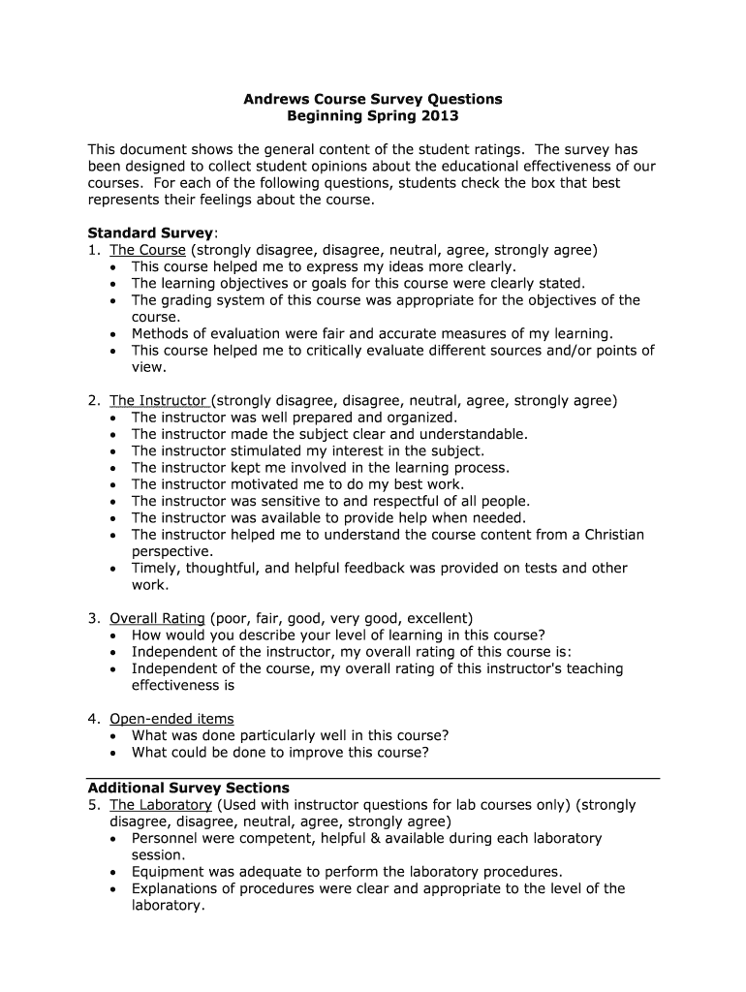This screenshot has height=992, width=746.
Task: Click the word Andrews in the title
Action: coord(277,99)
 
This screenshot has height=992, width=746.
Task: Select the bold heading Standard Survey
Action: coord(150,232)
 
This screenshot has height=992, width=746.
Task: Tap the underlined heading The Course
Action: coord(147,250)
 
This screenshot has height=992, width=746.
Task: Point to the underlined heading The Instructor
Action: coord(159,400)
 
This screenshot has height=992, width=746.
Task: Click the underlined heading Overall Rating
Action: coord(157,618)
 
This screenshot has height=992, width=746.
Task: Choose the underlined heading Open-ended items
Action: coord(171,719)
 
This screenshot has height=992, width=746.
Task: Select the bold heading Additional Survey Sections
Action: coord(189,788)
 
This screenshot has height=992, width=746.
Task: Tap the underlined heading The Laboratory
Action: coord(161,805)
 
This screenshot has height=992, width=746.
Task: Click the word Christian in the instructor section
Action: coord(606,535)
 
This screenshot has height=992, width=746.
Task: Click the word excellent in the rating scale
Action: coord(438,618)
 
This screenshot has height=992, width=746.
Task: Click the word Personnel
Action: coord(166,838)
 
